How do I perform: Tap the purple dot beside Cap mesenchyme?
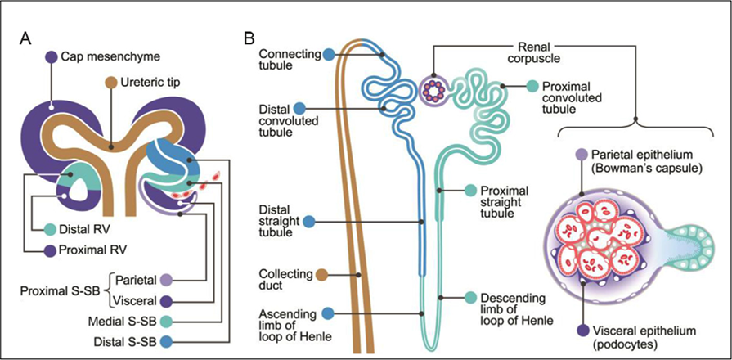52,56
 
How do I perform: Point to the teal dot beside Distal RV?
52,230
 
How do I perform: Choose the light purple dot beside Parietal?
167,278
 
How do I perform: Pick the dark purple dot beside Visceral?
167,299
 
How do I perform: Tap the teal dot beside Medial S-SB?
167,320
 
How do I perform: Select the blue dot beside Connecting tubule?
328,55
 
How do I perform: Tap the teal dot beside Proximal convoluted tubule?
532,86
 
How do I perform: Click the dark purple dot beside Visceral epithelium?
582,331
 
